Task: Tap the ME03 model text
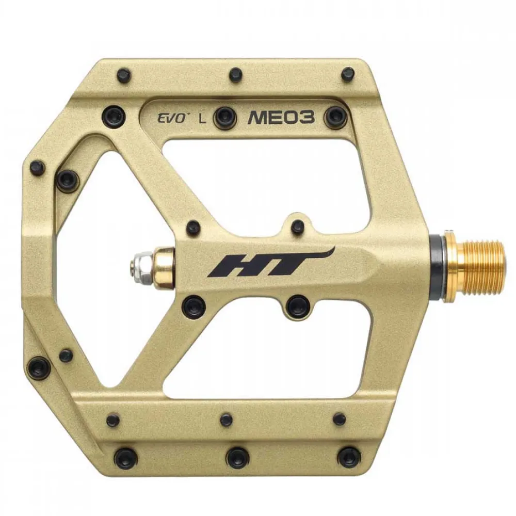click(x=281, y=118)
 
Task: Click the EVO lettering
click(x=171, y=118)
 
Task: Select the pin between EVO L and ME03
click(x=225, y=117)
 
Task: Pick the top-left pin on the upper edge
click(x=124, y=75)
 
